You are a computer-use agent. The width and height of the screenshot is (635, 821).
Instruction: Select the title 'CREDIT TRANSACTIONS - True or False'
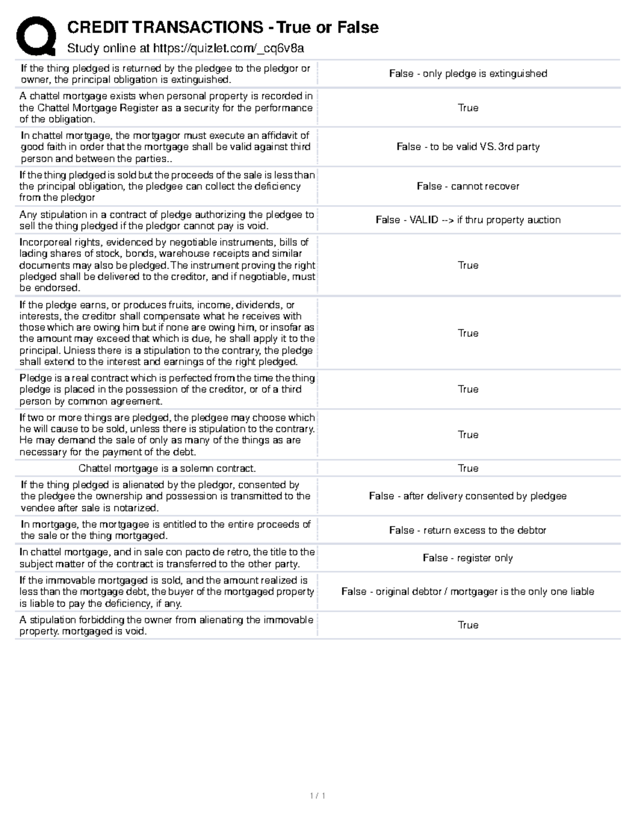pos(223,27)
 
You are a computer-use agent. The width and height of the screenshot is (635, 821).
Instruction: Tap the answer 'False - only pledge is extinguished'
pos(468,73)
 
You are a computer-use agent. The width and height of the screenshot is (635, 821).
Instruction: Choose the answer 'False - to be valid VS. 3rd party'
pos(468,146)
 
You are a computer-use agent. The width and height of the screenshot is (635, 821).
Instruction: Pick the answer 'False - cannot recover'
pos(468,186)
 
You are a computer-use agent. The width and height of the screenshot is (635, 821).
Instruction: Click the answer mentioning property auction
pos(468,220)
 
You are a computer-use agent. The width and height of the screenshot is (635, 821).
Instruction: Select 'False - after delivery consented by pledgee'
pos(468,496)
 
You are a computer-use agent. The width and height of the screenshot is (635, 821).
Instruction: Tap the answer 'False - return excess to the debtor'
pos(468,530)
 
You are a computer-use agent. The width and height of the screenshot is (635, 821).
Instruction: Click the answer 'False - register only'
pos(468,558)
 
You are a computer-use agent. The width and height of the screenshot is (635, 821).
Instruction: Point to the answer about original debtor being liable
pos(468,592)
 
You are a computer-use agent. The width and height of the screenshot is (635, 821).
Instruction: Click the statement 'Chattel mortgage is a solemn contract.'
pos(167,468)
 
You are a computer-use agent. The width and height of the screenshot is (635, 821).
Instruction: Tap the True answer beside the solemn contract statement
pos(468,468)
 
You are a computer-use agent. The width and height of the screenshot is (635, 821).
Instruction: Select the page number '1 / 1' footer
pos(317,796)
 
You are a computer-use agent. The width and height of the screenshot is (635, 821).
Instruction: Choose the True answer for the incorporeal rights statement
pos(468,265)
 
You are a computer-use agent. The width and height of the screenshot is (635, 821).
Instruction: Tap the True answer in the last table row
pos(468,625)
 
